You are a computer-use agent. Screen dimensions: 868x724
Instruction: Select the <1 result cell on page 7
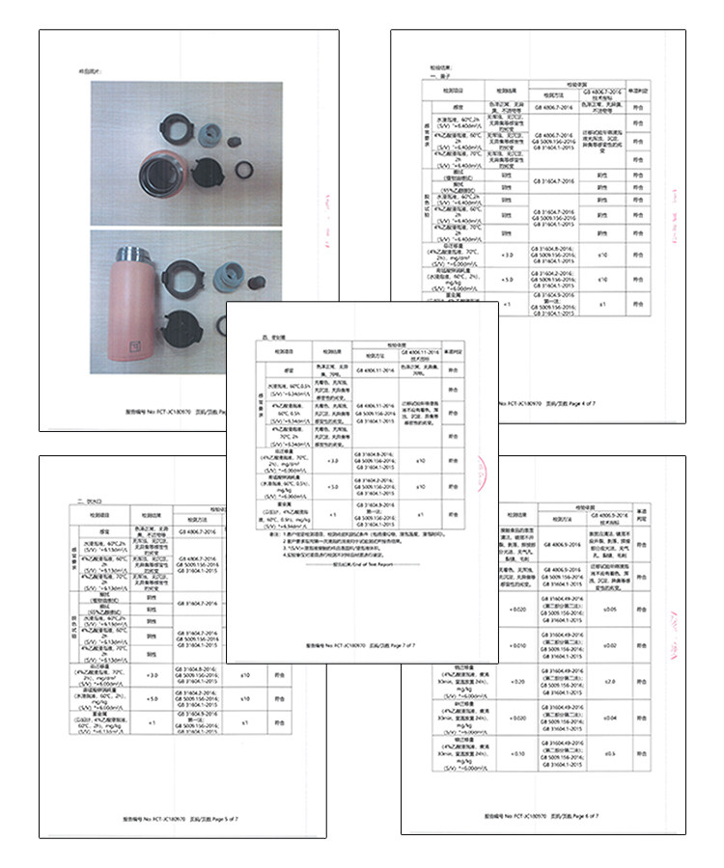tap(332, 514)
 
